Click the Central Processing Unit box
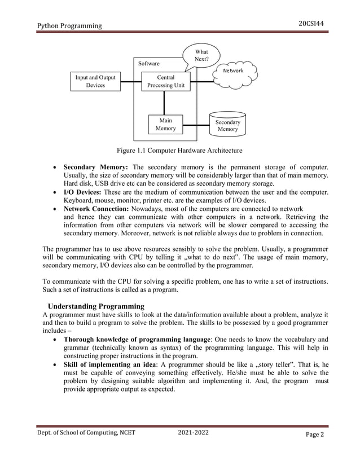click(165, 81)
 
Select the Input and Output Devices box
click(95, 81)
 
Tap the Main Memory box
click(165, 124)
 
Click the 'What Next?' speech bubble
click(201, 55)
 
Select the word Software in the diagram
click(149, 64)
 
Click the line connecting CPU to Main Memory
click(165, 103)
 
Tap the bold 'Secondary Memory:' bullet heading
click(96, 168)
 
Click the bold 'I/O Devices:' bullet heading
click(85, 192)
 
